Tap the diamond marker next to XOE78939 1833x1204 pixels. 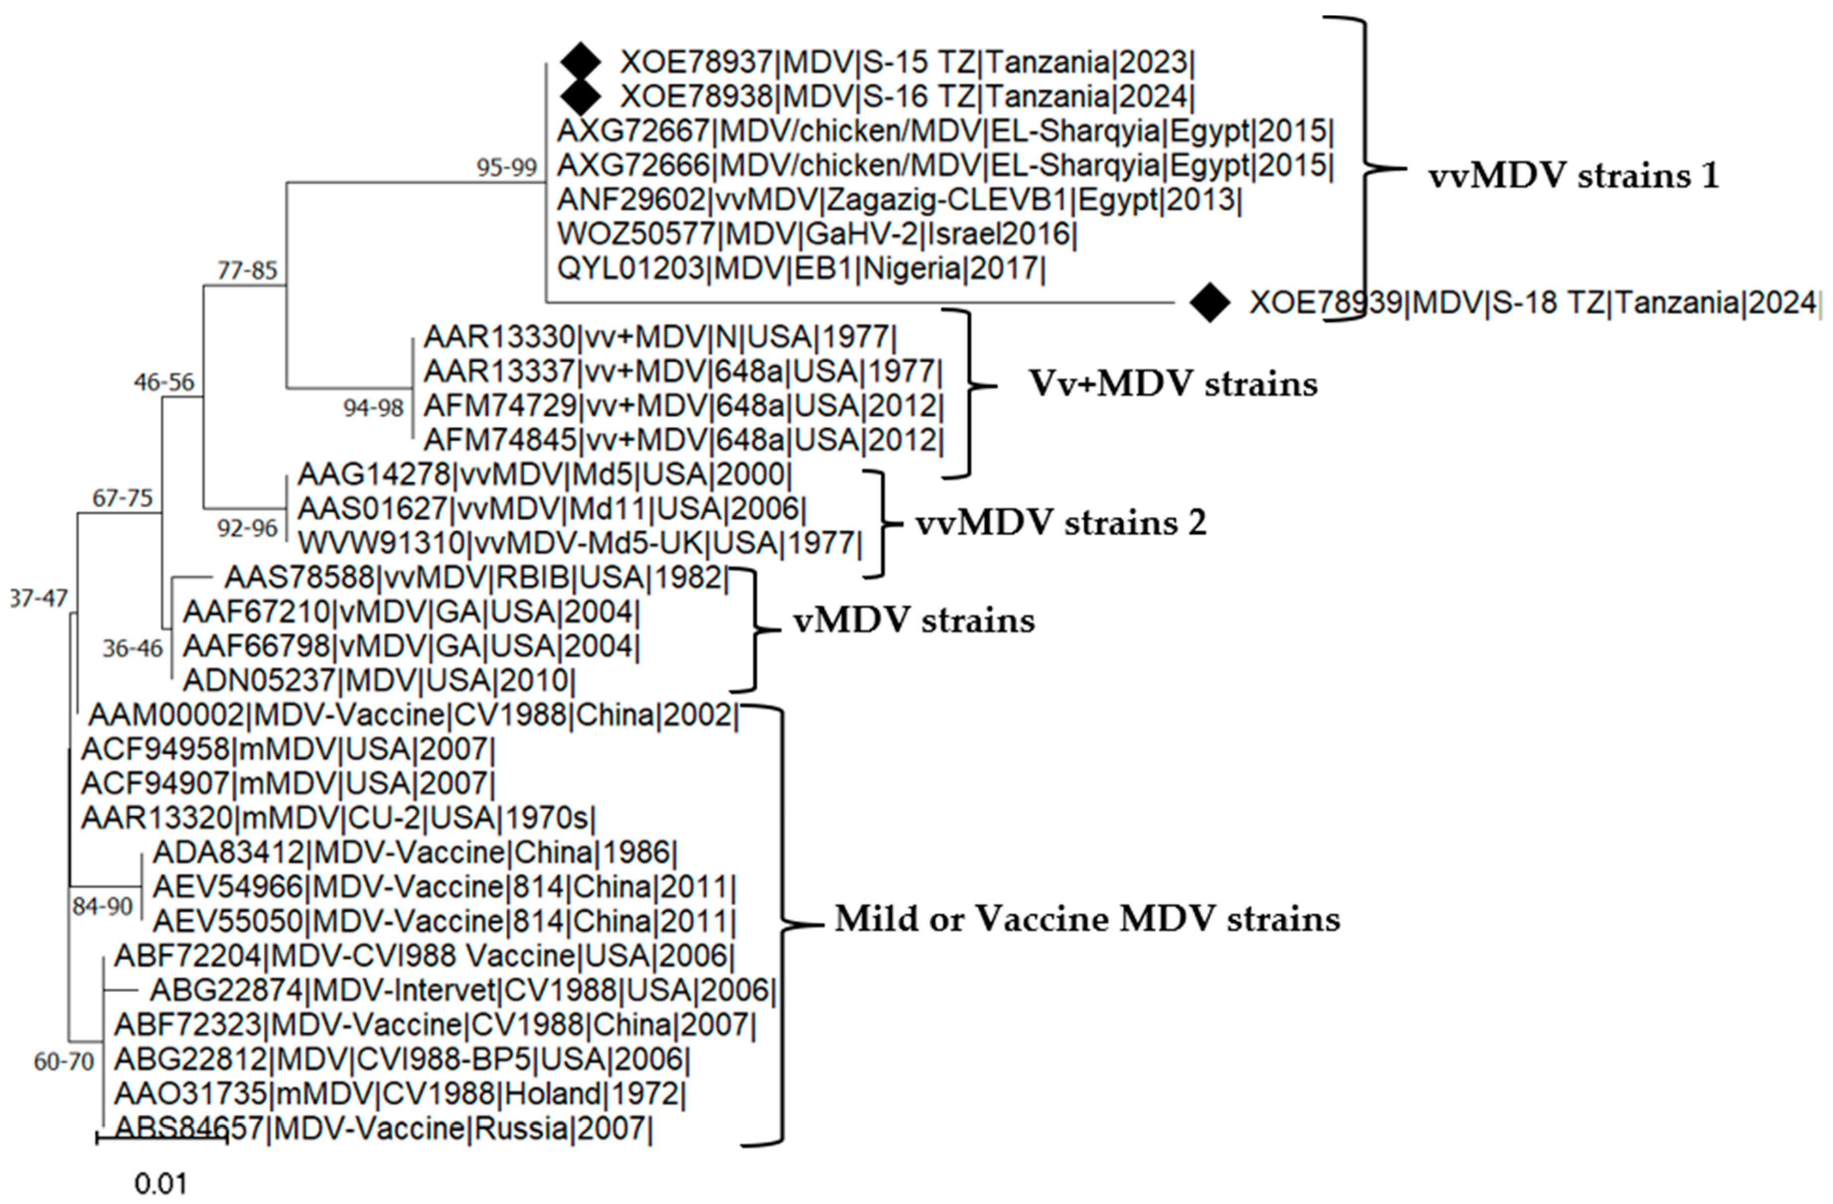point(1210,303)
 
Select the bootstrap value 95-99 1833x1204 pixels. point(506,168)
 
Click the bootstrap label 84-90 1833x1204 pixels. point(102,906)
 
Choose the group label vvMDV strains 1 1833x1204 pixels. point(1573,176)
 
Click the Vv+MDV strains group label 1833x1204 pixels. point(1173,383)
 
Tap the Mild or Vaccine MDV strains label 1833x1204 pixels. point(1087,919)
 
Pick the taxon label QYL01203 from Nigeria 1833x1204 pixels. point(801,268)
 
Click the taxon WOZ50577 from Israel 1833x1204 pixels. point(816,234)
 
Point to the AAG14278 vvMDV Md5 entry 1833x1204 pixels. point(544,474)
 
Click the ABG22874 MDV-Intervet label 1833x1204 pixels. point(462,990)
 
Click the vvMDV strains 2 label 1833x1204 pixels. point(1061,524)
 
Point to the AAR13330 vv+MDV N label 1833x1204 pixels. point(660,337)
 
